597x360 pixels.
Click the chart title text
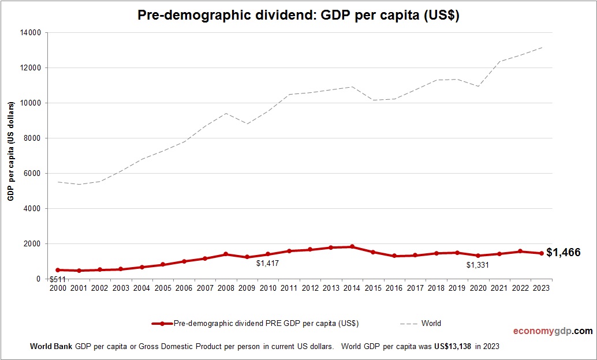[x=298, y=16]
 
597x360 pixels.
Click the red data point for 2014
[x=352, y=247]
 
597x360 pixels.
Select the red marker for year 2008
[x=226, y=254]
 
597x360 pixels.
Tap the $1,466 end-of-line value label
[x=564, y=252]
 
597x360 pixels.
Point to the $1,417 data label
[x=267, y=264]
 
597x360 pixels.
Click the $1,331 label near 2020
[x=477, y=265]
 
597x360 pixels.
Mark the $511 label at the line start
[x=58, y=280]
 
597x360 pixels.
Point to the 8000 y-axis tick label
[x=33, y=138]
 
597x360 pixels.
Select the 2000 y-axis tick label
[x=33, y=243]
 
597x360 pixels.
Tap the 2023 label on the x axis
[x=541, y=288]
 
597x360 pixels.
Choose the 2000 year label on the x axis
[x=58, y=288]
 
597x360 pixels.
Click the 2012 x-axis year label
[x=310, y=288]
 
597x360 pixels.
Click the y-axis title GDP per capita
[x=11, y=151]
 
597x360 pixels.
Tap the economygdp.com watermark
[x=553, y=331]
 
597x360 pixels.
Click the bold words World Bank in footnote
[x=51, y=347]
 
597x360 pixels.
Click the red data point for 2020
[x=478, y=256]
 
